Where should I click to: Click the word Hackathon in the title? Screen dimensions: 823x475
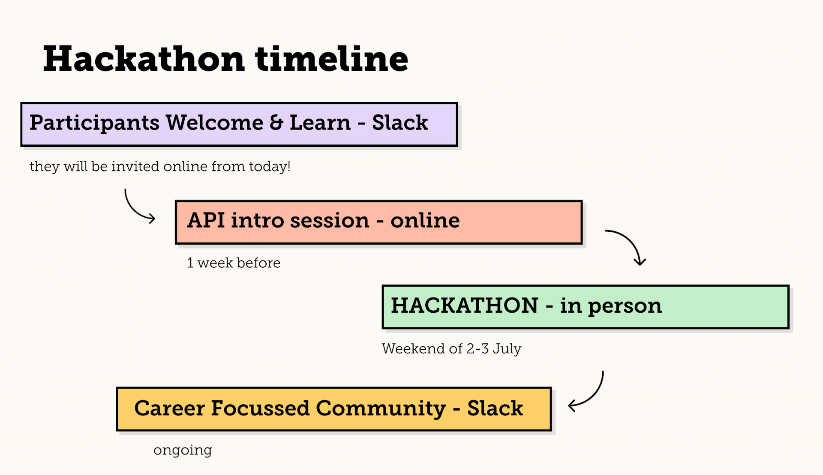pos(144,59)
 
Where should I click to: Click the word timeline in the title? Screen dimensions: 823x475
pos(332,59)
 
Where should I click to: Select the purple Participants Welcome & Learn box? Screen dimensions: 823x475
pos(239,124)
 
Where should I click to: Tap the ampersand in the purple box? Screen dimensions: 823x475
pos(276,123)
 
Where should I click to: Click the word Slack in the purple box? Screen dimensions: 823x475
pos(400,123)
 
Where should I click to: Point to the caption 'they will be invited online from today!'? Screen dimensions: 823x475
pos(160,166)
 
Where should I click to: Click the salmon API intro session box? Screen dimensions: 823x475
pos(379,222)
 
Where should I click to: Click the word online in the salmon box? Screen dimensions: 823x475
pos(425,220)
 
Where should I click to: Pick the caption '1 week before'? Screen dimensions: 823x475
pos(234,263)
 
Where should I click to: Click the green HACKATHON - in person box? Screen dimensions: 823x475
pos(586,307)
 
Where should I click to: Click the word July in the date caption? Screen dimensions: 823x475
pos(507,349)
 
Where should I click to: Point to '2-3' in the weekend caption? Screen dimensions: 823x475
pos(478,348)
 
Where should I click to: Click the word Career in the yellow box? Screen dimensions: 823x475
pos(170,408)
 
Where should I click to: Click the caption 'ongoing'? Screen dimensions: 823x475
pos(183,451)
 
